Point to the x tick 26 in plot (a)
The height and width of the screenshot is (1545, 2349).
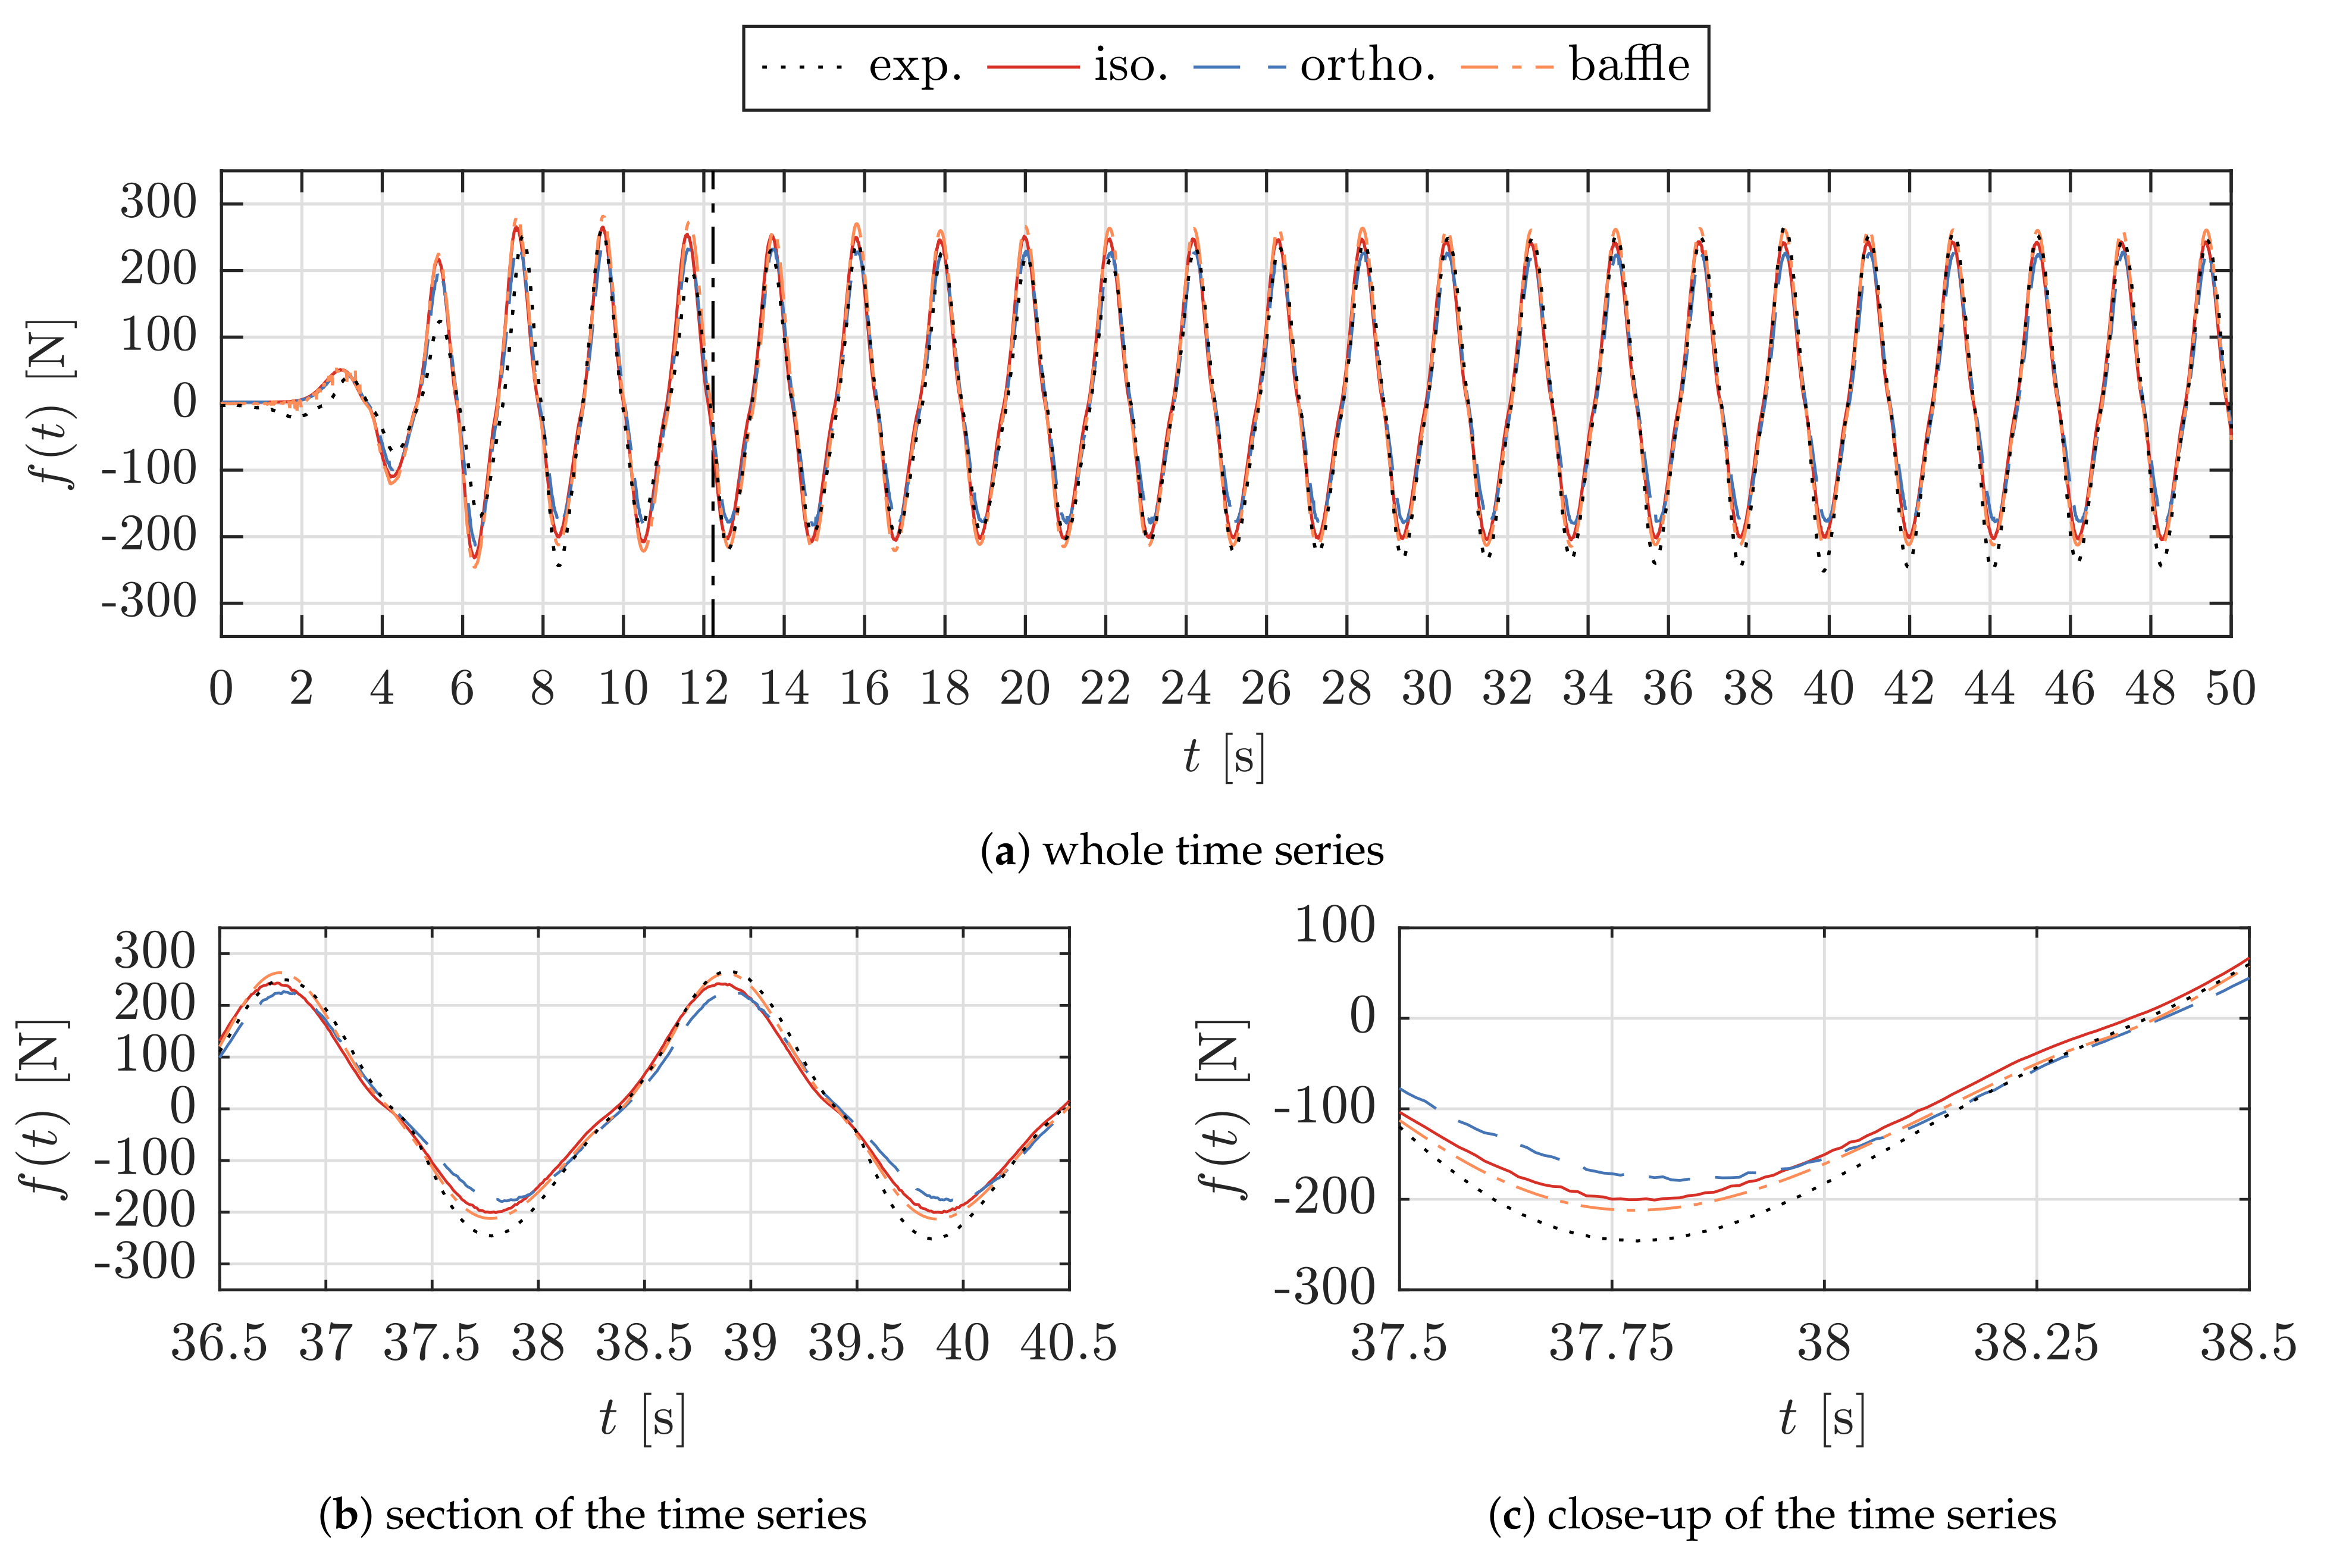pyautogui.click(x=1266, y=688)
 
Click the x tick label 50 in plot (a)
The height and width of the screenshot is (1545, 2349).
pyautogui.click(x=2231, y=688)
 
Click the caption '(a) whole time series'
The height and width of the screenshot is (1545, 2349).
pyautogui.click(x=1182, y=850)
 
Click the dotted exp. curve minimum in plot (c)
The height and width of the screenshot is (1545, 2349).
pyautogui.click(x=1633, y=1240)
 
